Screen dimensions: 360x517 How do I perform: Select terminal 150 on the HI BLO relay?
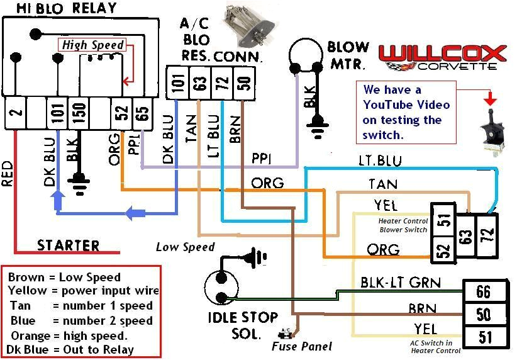click(78, 113)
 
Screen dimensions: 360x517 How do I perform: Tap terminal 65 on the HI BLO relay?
click(142, 113)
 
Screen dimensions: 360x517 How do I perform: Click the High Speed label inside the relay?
click(92, 45)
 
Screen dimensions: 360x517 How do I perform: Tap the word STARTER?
click(68, 245)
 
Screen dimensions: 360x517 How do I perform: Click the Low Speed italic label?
click(185, 247)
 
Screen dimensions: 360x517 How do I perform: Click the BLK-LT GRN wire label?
click(400, 283)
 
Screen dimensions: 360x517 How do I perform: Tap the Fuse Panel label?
click(301, 346)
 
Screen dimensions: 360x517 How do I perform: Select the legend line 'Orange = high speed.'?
click(69, 335)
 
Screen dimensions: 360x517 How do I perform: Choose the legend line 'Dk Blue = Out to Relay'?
click(70, 349)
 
